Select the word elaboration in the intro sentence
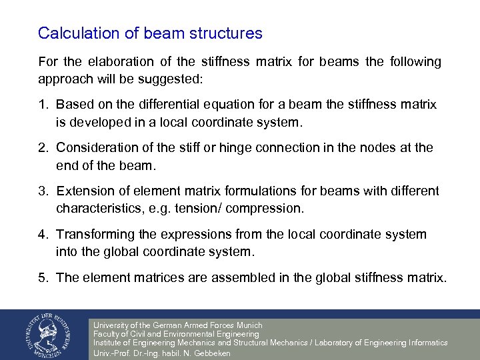(119, 62)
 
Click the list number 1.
(43, 105)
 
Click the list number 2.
(43, 147)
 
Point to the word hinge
(243, 147)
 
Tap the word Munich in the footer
(247, 325)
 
